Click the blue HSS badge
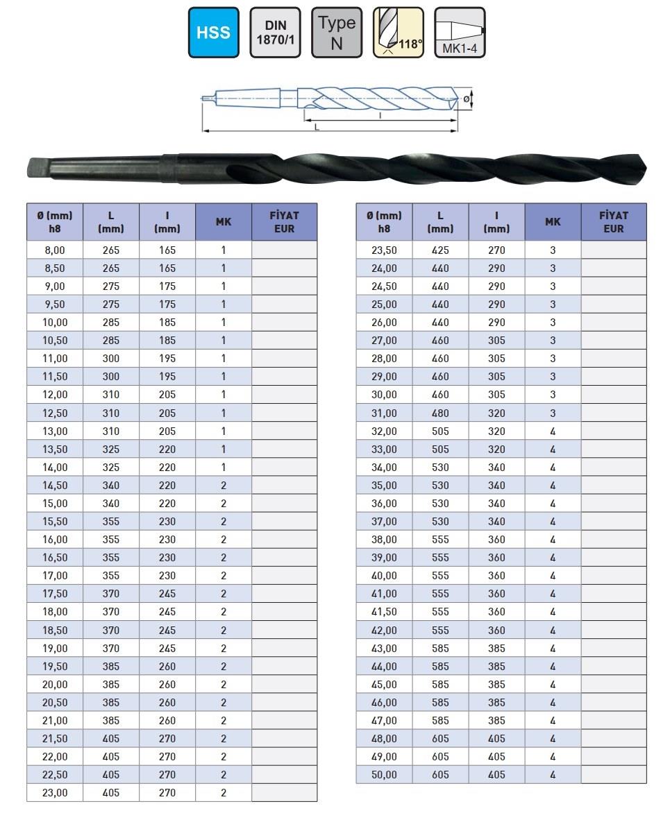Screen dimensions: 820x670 (x=213, y=33)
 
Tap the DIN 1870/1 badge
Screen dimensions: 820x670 (x=275, y=33)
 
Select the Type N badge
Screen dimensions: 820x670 (x=337, y=33)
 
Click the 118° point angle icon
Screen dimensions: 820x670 (x=398, y=33)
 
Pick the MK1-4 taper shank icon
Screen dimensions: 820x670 (x=459, y=33)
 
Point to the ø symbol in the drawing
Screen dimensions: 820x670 (x=467, y=99)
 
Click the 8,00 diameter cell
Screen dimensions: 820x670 (x=55, y=250)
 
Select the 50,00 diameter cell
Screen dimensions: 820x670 (x=384, y=774)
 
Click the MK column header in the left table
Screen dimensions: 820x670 (x=224, y=222)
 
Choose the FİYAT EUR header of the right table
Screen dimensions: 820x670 (x=613, y=222)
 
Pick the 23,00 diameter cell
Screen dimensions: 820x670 (x=55, y=792)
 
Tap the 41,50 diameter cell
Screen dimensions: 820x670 (x=384, y=612)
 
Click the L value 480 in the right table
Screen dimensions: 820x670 (x=440, y=413)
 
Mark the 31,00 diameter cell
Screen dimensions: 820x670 (x=384, y=413)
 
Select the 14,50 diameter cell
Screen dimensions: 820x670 (x=55, y=486)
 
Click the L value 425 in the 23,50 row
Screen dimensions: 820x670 (x=440, y=250)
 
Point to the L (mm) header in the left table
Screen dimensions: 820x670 (x=111, y=222)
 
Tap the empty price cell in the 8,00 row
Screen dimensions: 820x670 (x=284, y=250)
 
